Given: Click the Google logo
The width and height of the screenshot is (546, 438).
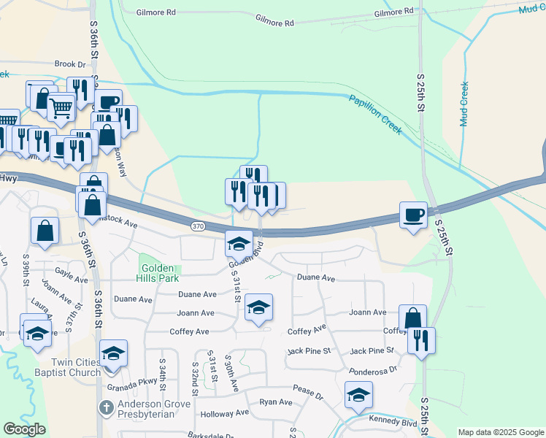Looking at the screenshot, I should [24, 429].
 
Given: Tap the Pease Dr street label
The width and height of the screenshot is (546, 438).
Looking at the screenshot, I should [307, 395].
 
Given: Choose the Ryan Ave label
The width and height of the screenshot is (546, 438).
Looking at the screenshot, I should [276, 402].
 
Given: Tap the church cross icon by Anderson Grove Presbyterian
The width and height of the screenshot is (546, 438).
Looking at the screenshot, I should [104, 407].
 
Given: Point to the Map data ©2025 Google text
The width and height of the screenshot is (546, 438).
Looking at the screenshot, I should [500, 432].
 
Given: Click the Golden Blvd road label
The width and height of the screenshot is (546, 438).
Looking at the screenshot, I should [247, 254].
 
